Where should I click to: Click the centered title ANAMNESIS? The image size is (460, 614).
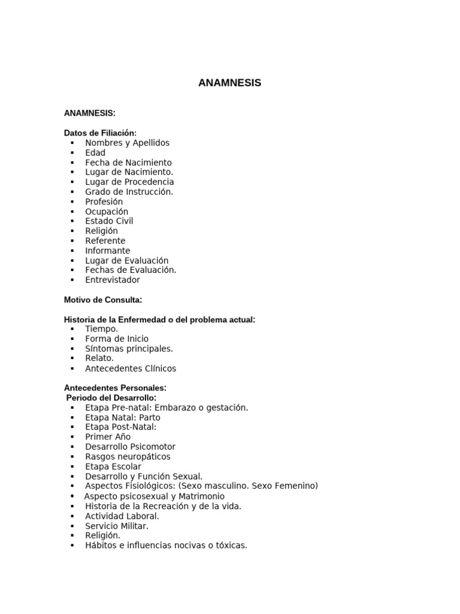pyautogui.click(x=229, y=83)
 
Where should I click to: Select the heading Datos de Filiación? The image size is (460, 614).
pyautogui.click(x=100, y=133)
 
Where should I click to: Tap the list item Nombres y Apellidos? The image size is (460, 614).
pyautogui.click(x=127, y=143)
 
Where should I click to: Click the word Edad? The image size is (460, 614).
pyautogui.click(x=95, y=153)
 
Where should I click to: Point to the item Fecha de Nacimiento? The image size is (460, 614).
pyautogui.click(x=128, y=162)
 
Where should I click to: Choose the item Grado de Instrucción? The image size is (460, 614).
pyautogui.click(x=129, y=192)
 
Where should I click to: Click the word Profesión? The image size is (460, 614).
pyautogui.click(x=104, y=201)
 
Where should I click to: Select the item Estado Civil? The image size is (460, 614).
pyautogui.click(x=109, y=221)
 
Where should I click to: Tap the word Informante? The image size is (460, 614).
pyautogui.click(x=107, y=251)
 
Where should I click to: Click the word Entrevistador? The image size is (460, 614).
pyautogui.click(x=113, y=280)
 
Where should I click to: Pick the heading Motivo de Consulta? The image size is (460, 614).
pyautogui.click(x=102, y=299)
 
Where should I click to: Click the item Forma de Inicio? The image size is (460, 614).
pyautogui.click(x=117, y=339)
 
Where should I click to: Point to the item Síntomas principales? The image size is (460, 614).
pyautogui.click(x=129, y=348)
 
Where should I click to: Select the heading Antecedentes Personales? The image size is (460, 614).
pyautogui.click(x=115, y=387)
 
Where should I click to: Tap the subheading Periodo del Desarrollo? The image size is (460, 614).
pyautogui.click(x=111, y=398)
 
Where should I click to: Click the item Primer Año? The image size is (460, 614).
pyautogui.click(x=108, y=437)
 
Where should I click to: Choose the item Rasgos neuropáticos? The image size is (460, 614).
pyautogui.click(x=128, y=456)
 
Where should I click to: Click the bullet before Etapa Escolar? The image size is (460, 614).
pyautogui.click(x=72, y=466)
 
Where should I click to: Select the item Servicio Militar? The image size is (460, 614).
pyautogui.click(x=117, y=526)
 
